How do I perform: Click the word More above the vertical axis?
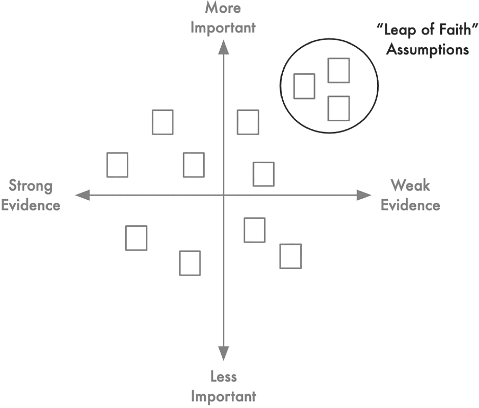click(223, 7)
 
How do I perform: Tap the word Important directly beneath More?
click(223, 28)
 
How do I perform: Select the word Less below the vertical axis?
click(224, 377)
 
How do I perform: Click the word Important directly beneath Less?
click(224, 397)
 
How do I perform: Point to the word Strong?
click(31, 186)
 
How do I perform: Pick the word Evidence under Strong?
click(31, 205)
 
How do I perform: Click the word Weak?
click(410, 185)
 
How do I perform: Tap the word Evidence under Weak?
click(410, 205)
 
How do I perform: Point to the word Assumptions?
click(428, 50)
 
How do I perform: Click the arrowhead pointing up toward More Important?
click(224, 47)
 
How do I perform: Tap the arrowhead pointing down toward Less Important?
click(224, 353)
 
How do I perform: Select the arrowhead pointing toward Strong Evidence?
click(82, 195)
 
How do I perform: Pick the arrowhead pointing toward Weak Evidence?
click(364, 195)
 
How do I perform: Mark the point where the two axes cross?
click(224, 195)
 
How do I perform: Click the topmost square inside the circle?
click(339, 59)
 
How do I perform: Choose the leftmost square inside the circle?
click(294, 86)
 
